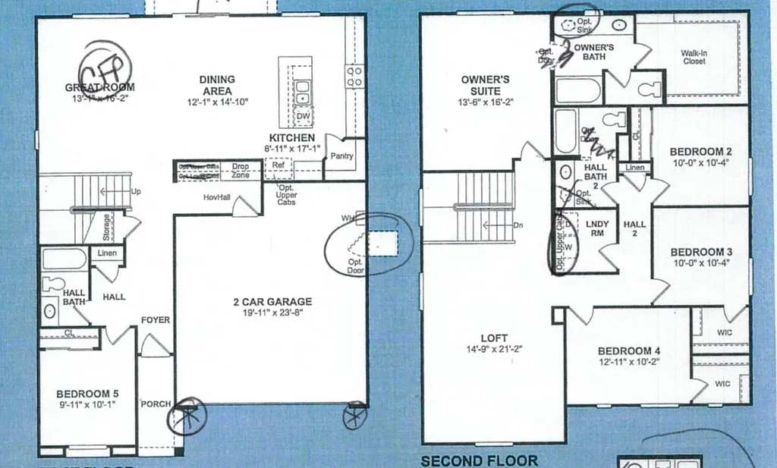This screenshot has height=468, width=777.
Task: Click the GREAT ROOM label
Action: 99,88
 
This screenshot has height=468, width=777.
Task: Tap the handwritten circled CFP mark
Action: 106,73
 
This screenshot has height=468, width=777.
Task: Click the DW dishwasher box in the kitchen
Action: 303,115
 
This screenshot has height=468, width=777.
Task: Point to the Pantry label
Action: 338,156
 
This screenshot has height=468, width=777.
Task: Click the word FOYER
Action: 156,320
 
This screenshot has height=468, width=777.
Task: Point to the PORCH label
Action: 156,404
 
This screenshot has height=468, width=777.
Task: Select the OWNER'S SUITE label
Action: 485,85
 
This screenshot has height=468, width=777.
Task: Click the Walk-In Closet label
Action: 694,57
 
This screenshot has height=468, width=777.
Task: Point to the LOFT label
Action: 493,338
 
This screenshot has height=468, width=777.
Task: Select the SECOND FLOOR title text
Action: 479,460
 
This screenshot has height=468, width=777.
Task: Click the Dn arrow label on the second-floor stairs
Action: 518,225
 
